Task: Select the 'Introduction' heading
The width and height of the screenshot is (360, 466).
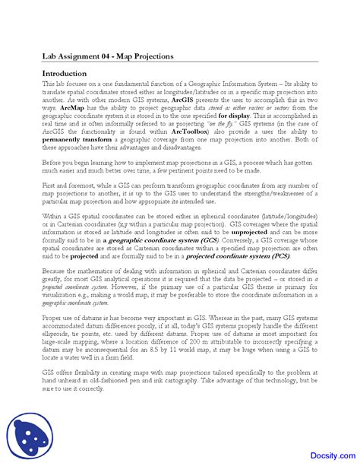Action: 65,73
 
